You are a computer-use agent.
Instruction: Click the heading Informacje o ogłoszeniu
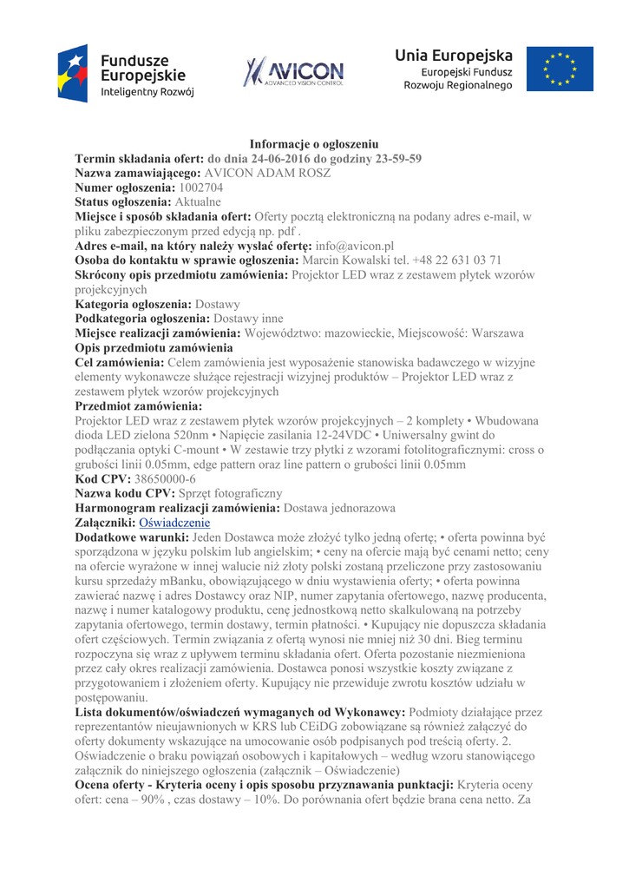(313, 143)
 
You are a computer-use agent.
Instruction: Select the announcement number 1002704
(200, 187)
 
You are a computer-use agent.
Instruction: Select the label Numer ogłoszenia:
(125, 187)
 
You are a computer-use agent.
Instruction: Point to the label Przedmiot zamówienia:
(138, 405)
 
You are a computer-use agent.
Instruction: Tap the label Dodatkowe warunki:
(130, 538)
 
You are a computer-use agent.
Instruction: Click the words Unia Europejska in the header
(454, 56)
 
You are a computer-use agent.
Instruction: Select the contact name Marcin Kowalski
(345, 260)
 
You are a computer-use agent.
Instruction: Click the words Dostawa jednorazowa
(340, 508)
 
